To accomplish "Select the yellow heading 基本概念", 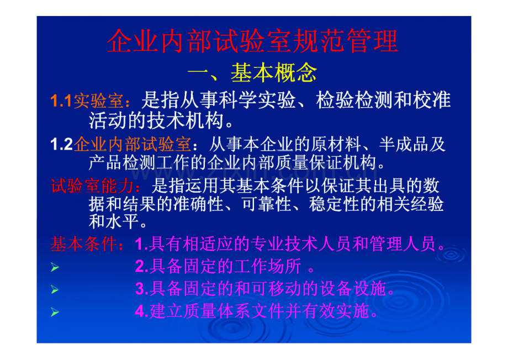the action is (274, 72).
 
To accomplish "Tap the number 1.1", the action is (61, 100).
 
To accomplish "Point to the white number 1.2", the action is (61, 144).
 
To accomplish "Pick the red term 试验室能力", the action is (93, 186).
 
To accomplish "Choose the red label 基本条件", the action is (84, 243).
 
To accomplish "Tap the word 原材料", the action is (336, 144).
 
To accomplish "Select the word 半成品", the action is (404, 144).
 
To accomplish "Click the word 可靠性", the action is (266, 204).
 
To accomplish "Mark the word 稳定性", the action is (334, 204).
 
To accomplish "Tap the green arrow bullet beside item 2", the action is (55, 267).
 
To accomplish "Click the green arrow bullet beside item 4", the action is (55, 312).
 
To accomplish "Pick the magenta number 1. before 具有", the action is (141, 244).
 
